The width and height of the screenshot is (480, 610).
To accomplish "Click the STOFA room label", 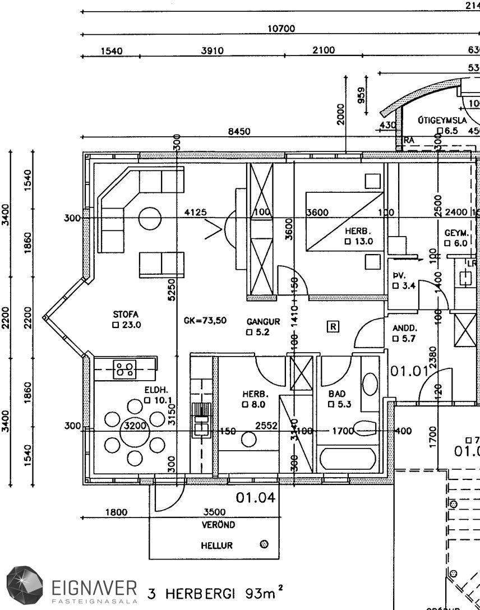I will (126, 315).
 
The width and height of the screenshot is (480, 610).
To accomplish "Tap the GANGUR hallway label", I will (263, 322).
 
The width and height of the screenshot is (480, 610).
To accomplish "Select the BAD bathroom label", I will (337, 394).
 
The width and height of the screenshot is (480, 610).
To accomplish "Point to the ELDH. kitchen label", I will (156, 390).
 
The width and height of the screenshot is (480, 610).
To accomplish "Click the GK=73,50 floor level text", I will (205, 321).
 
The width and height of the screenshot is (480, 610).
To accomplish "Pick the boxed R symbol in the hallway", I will (333, 326).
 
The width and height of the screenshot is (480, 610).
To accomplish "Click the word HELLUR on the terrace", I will (217, 545).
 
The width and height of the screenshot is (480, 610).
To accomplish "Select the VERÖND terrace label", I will (218, 525).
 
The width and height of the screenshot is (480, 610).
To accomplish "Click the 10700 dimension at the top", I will (281, 29).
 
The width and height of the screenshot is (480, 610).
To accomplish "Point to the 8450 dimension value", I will (238, 132).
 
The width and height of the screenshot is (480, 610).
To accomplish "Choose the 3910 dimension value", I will (212, 50).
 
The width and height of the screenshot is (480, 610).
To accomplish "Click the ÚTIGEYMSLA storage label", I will (442, 121).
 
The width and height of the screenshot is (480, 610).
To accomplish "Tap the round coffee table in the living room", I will (150, 219).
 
